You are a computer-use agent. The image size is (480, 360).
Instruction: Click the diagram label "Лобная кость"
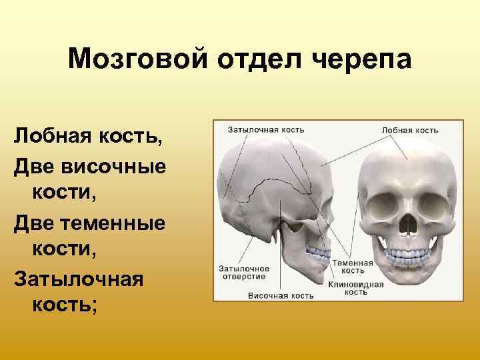click(x=410, y=129)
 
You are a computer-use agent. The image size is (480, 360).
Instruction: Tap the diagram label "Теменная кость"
click(x=353, y=267)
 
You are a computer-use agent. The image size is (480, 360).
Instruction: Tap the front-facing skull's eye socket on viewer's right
click(x=431, y=203)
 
